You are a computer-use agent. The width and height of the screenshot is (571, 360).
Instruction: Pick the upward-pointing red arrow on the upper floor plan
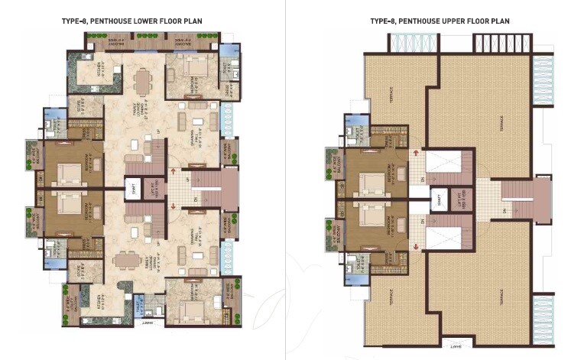415,152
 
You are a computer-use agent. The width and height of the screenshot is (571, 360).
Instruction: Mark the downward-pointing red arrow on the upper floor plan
415,246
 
